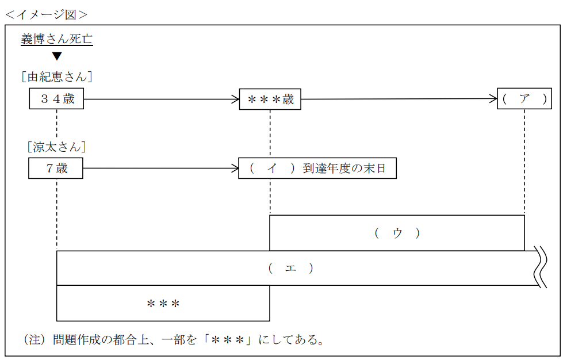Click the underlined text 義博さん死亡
pyautogui.click(x=56, y=39)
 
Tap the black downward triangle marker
pyautogui.click(x=57, y=56)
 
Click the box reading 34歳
pyautogui.click(x=56, y=99)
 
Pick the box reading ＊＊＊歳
pyautogui.click(x=270, y=99)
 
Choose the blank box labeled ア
pyautogui.click(x=524, y=99)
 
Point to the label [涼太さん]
pyautogui.click(x=56, y=147)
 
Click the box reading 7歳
pyautogui.click(x=56, y=169)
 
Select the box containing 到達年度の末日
pyautogui.click(x=317, y=169)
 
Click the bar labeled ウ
pyautogui.click(x=397, y=233)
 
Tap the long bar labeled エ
pyautogui.click(x=291, y=268)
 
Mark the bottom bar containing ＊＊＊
pyautogui.click(x=163, y=303)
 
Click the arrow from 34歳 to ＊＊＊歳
pyautogui.click(x=161, y=99)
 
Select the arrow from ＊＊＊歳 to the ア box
pyautogui.click(x=399, y=99)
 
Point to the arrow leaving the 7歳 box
pyautogui.click(x=161, y=169)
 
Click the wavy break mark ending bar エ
pyautogui.click(x=541, y=267)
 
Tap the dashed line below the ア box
pyautogui.click(x=524, y=161)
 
